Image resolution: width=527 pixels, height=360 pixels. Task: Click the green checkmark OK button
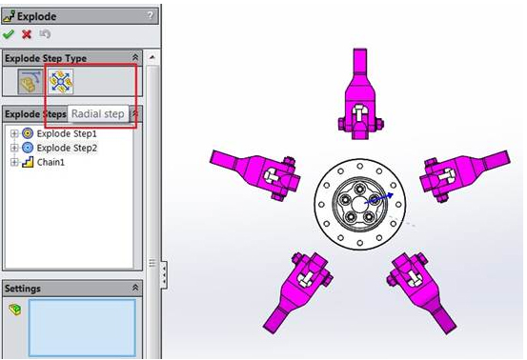pyautogui.click(x=10, y=34)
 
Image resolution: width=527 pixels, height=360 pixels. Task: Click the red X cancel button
pyautogui.click(x=27, y=34)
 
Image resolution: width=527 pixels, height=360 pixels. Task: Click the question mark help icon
pyautogui.click(x=150, y=16)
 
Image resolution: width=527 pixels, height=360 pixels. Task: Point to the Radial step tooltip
pyautogui.click(x=99, y=114)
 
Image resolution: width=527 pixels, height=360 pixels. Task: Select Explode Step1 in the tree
pyautogui.click(x=66, y=133)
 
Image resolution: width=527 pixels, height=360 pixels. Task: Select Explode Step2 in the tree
pyautogui.click(x=66, y=148)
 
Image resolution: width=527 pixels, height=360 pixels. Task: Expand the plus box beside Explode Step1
pyautogui.click(x=14, y=133)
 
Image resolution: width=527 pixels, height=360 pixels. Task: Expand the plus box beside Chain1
pyautogui.click(x=14, y=162)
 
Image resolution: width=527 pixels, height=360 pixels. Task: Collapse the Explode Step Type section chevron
pyautogui.click(x=134, y=58)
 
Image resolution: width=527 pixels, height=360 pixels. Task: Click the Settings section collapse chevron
pyautogui.click(x=134, y=288)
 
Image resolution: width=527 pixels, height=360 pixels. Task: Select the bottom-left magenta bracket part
pyautogui.click(x=297, y=290)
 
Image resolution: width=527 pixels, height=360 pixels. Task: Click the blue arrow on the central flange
pyautogui.click(x=378, y=198)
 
